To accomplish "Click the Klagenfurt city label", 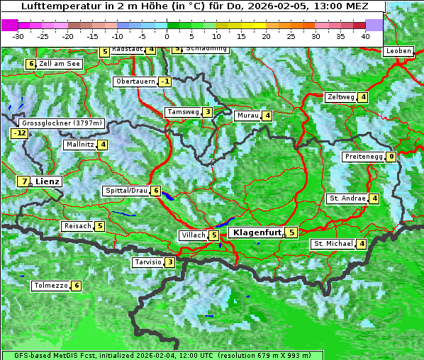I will click(256, 232).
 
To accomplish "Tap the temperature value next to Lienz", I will click(25, 181).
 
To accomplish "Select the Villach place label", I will click(193, 235).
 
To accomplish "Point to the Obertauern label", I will click(135, 81).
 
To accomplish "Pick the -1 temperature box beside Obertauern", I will click(165, 81).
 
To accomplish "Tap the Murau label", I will click(247, 116).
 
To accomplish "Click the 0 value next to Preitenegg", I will click(391, 157).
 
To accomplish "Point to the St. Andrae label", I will click(347, 198).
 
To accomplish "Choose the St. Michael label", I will click(333, 244).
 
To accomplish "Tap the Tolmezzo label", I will click(51, 286).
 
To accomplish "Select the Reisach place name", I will click(77, 226).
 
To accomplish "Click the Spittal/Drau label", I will click(126, 191).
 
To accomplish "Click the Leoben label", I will click(398, 51).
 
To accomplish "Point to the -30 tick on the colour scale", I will click(18, 35).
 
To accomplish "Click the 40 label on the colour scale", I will click(365, 35).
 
